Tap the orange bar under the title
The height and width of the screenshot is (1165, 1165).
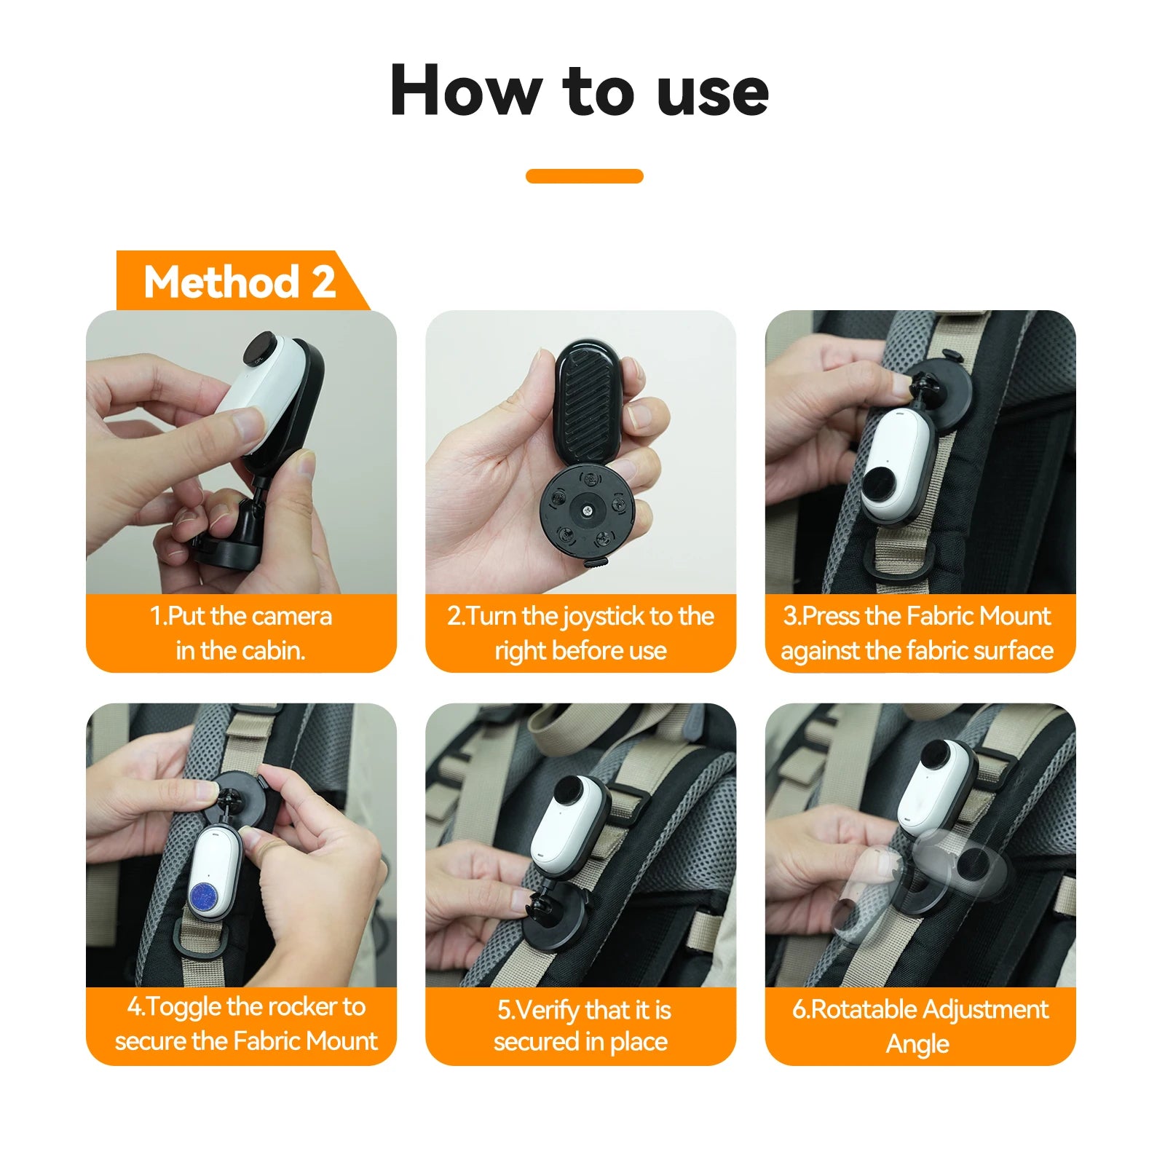[584, 176]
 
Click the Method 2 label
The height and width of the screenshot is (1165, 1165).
[240, 282]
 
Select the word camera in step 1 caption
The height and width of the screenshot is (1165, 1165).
[291, 616]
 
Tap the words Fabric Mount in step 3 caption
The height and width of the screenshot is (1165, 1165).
[979, 616]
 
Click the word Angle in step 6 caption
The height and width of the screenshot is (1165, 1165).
[917, 1044]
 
